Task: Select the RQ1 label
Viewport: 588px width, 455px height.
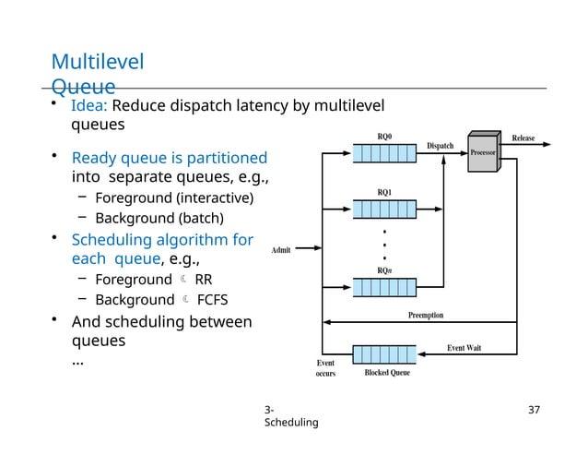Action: pyautogui.click(x=384, y=192)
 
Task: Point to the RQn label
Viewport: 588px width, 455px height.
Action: pyautogui.click(x=384, y=270)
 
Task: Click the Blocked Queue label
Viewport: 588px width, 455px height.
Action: pyautogui.click(x=387, y=373)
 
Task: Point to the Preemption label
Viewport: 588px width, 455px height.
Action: pyautogui.click(x=426, y=315)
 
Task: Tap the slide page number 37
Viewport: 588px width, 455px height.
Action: pyautogui.click(x=533, y=408)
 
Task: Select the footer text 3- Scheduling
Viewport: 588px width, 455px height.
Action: pyautogui.click(x=290, y=415)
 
